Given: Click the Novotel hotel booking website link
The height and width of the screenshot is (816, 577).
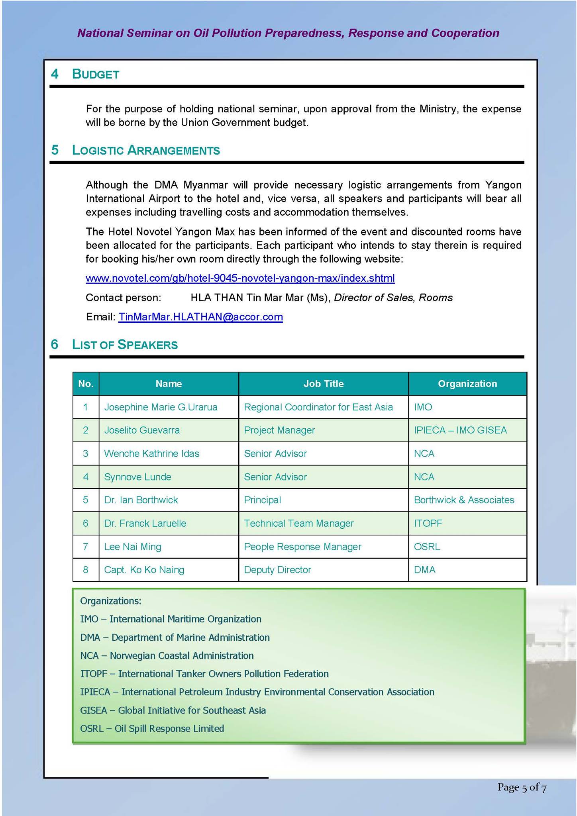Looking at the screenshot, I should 240,278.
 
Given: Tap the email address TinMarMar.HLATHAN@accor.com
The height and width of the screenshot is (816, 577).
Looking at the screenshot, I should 200,317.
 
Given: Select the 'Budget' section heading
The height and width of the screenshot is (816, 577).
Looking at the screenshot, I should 95,74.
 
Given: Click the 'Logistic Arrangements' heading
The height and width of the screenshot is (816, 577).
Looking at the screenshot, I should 145,150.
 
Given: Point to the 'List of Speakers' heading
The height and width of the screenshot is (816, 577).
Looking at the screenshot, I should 124,345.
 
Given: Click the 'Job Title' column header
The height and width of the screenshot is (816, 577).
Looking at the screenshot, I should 323,384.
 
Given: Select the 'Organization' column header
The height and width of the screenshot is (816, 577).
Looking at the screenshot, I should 467,384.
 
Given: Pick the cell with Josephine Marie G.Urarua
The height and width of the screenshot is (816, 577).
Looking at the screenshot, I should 161,407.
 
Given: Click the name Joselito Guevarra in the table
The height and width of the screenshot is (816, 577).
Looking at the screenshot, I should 142,430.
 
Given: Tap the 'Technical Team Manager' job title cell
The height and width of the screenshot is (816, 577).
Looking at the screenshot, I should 298,524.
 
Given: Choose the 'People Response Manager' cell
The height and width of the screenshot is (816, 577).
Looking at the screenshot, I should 302,547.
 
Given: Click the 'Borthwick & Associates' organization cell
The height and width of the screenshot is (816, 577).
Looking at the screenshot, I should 464,500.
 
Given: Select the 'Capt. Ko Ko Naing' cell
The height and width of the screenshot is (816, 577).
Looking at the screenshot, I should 144,570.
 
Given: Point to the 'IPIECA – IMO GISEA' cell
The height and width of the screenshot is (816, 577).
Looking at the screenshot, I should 460,430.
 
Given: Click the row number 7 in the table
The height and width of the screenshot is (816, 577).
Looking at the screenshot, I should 85,547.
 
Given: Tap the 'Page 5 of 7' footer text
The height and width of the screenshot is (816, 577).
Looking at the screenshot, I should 522,787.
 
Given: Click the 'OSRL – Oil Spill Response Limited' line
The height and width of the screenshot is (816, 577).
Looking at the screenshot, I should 152,728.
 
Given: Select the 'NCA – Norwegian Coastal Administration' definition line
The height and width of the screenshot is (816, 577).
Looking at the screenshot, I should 167,655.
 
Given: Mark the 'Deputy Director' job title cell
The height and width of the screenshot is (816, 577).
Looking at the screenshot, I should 277,570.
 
